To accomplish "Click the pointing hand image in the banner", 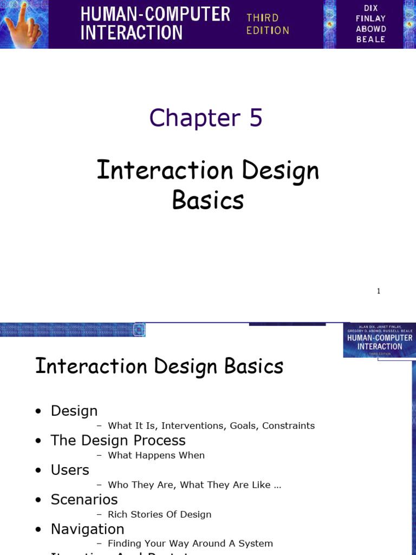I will pos(24,24).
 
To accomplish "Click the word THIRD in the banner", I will pos(262,18).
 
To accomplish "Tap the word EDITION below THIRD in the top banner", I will pos(268,30).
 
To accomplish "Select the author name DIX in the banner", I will pos(370,8).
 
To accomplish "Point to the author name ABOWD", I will pos(371,29).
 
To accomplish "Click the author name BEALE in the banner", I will pos(371,39).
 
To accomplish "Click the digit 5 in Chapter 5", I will pos(256,118).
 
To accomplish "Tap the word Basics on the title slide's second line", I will pos(208,200).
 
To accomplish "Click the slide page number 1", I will pos(379,291).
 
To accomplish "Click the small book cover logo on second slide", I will pos(379,340).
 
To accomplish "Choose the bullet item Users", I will pos(70,470).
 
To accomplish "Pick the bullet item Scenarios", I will pos(84,499).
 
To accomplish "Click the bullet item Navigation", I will pos(87,529).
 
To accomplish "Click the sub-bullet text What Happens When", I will pos(156,455).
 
